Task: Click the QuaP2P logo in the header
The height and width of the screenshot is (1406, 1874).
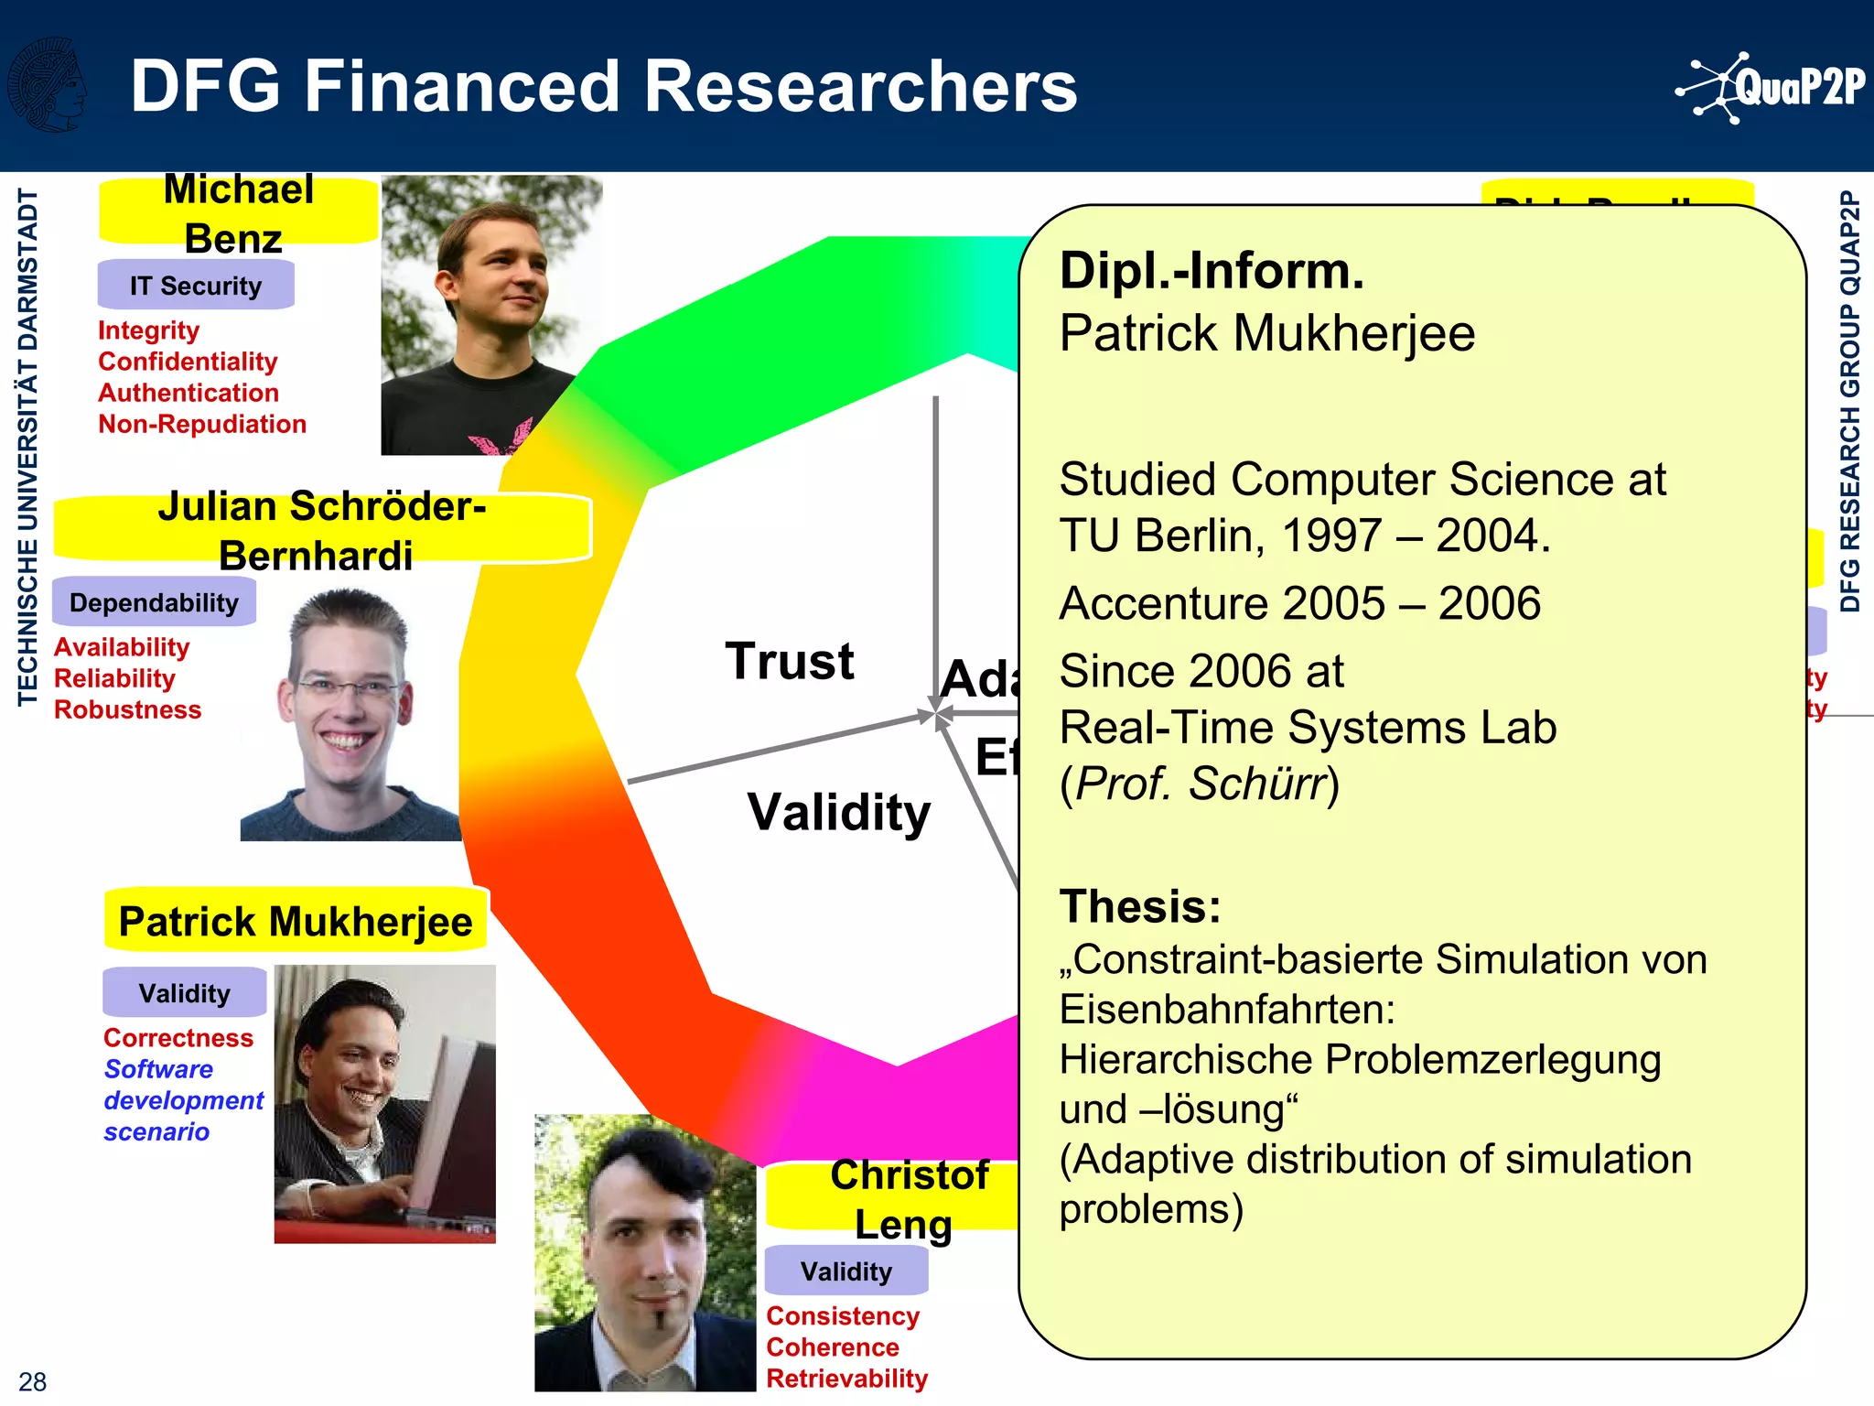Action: pos(1772,88)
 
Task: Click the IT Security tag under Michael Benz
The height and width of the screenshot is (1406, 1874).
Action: pos(196,286)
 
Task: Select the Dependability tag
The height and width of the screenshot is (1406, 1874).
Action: pos(154,602)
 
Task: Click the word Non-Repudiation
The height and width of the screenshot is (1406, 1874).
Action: pos(202,424)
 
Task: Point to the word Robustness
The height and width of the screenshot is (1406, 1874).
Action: pos(127,709)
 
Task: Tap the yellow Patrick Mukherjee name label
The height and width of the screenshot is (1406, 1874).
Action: pos(296,921)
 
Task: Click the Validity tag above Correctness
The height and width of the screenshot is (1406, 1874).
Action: pos(184,993)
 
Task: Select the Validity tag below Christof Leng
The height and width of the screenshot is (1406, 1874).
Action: pos(846,1271)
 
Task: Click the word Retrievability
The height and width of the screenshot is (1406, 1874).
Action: pos(846,1378)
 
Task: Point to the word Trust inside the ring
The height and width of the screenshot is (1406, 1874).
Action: pos(790,661)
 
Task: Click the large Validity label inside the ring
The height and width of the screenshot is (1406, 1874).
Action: pos(838,812)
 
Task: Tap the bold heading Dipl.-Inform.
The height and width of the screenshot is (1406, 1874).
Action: pos(1211,271)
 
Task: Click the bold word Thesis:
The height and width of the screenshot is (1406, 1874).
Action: pos(1140,906)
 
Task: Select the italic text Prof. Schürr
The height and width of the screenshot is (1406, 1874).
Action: pos(1200,784)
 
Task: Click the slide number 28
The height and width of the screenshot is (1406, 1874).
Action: pos(32,1381)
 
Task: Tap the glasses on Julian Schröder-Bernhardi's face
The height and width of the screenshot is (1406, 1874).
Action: pos(348,687)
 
